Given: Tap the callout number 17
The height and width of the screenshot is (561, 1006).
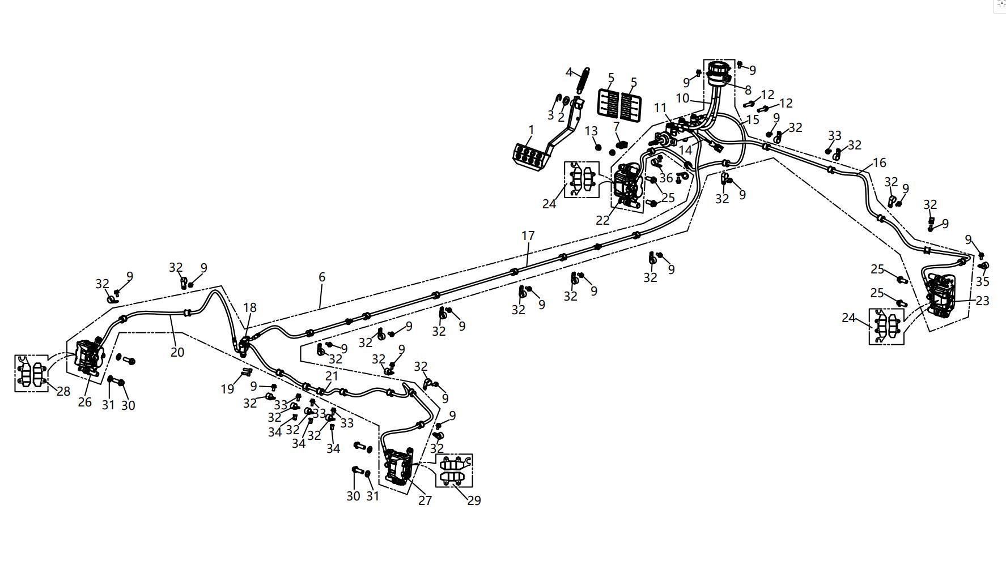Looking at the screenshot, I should point(528,235).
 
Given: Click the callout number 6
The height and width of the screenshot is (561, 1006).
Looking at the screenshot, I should point(322,277).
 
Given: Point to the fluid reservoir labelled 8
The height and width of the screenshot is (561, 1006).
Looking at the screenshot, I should point(719,74).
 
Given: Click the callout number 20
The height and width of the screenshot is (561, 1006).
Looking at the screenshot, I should point(177,352).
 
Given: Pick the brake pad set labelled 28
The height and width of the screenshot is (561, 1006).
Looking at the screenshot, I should point(31,373).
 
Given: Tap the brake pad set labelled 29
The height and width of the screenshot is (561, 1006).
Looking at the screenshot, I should point(453,470).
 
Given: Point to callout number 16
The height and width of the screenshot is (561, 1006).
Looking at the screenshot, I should point(879,163).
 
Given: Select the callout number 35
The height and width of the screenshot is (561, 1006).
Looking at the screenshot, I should point(982,281).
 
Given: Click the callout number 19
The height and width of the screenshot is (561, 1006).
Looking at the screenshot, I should point(227,389).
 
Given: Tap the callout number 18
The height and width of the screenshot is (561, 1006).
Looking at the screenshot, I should point(250,307).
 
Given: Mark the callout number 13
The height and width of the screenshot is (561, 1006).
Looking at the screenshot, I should point(591,131).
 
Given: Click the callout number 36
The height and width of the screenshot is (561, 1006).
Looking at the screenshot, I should point(666,178).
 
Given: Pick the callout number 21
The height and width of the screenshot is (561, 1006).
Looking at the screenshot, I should point(332,376).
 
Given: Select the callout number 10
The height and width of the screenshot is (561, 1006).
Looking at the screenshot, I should point(682,98).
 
